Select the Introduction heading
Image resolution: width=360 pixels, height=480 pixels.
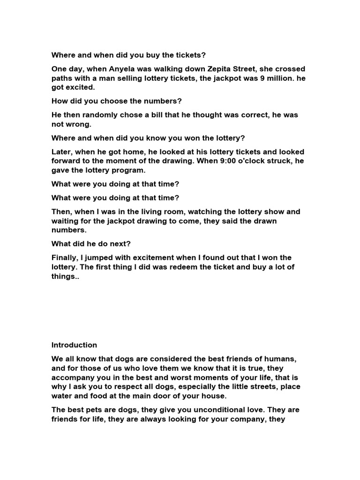click(x=74, y=345)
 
